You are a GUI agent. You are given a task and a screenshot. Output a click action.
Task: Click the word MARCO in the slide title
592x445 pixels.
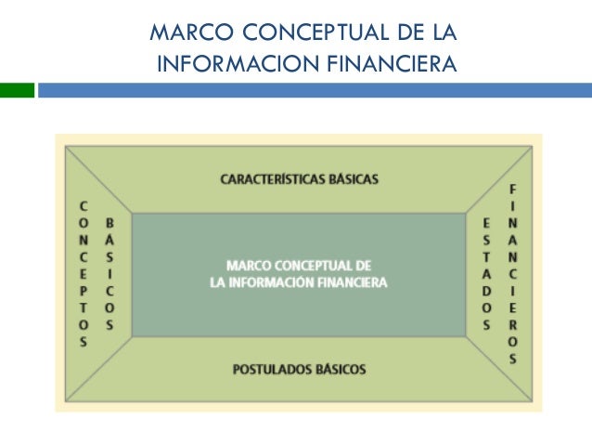pyautogui.click(x=182, y=34)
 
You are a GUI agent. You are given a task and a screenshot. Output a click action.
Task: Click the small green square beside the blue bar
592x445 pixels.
pyautogui.click(x=17, y=90)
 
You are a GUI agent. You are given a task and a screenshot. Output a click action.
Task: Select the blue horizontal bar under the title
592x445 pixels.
pyautogui.click(x=315, y=90)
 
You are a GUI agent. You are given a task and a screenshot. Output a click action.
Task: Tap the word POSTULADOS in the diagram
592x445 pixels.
pyautogui.click(x=270, y=370)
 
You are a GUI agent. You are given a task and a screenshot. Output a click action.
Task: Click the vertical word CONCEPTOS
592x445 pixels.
pyautogui.click(x=84, y=274)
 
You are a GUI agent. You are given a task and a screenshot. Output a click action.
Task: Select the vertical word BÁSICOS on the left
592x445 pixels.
pyautogui.click(x=110, y=274)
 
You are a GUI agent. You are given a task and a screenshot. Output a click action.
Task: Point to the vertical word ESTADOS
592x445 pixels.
pyautogui.click(x=486, y=274)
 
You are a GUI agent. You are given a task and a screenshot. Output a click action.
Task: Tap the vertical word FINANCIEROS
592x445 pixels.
pyautogui.click(x=512, y=274)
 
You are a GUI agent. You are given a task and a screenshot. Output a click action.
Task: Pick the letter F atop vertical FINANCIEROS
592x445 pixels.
pyautogui.click(x=512, y=190)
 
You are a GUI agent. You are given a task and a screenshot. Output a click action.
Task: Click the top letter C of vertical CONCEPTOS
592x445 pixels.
pyautogui.click(x=84, y=206)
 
